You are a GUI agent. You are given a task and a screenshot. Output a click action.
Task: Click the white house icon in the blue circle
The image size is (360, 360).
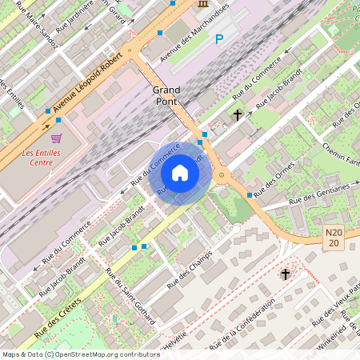click(180, 172)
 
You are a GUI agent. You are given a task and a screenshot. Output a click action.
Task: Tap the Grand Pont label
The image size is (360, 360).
click(167, 96)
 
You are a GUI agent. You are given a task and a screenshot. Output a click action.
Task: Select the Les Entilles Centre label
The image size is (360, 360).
click(38, 157)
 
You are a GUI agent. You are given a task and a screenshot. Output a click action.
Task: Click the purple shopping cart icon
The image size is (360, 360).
click(56, 138)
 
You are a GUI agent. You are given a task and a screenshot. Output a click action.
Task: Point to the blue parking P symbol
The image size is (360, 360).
click(219, 38)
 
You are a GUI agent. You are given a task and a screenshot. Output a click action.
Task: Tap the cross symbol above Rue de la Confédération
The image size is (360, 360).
click(285, 274)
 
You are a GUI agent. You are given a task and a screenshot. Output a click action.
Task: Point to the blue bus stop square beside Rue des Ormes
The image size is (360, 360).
click(250, 195)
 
